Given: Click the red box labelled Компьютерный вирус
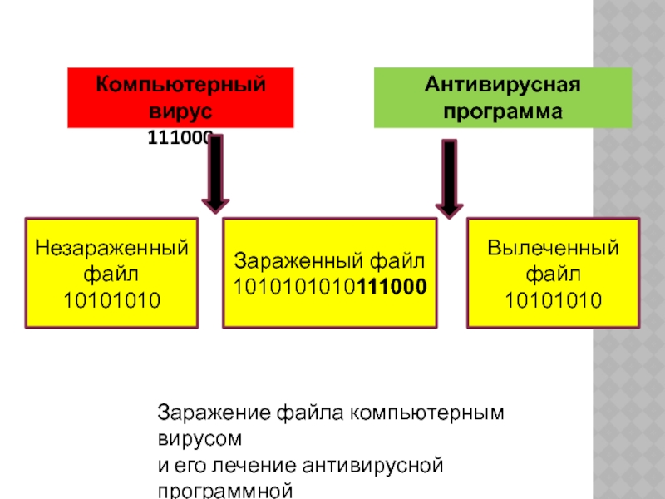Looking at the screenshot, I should pyautogui.click(x=181, y=97).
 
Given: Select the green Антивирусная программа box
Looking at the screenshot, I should pyautogui.click(x=502, y=97).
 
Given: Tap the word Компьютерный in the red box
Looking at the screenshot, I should pyautogui.click(x=181, y=85).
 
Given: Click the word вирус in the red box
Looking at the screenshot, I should pyautogui.click(x=181, y=111).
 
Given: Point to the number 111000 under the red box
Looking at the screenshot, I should pyautogui.click(x=180, y=139).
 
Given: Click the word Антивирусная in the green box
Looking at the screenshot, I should pyautogui.click(x=502, y=85).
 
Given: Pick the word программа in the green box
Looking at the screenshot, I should pyautogui.click(x=502, y=111).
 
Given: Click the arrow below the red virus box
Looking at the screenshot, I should pyautogui.click(x=215, y=174).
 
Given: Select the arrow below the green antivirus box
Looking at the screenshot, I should pyautogui.click(x=449, y=178).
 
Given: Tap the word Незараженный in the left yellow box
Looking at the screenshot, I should pyautogui.click(x=112, y=248).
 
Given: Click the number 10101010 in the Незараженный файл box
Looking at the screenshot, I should pyautogui.click(x=112, y=298).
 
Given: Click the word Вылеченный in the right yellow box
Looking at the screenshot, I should pyautogui.click(x=553, y=248).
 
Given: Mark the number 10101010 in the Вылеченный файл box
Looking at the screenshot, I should pyautogui.click(x=553, y=298).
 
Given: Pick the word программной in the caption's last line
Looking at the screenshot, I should pyautogui.click(x=225, y=491).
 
